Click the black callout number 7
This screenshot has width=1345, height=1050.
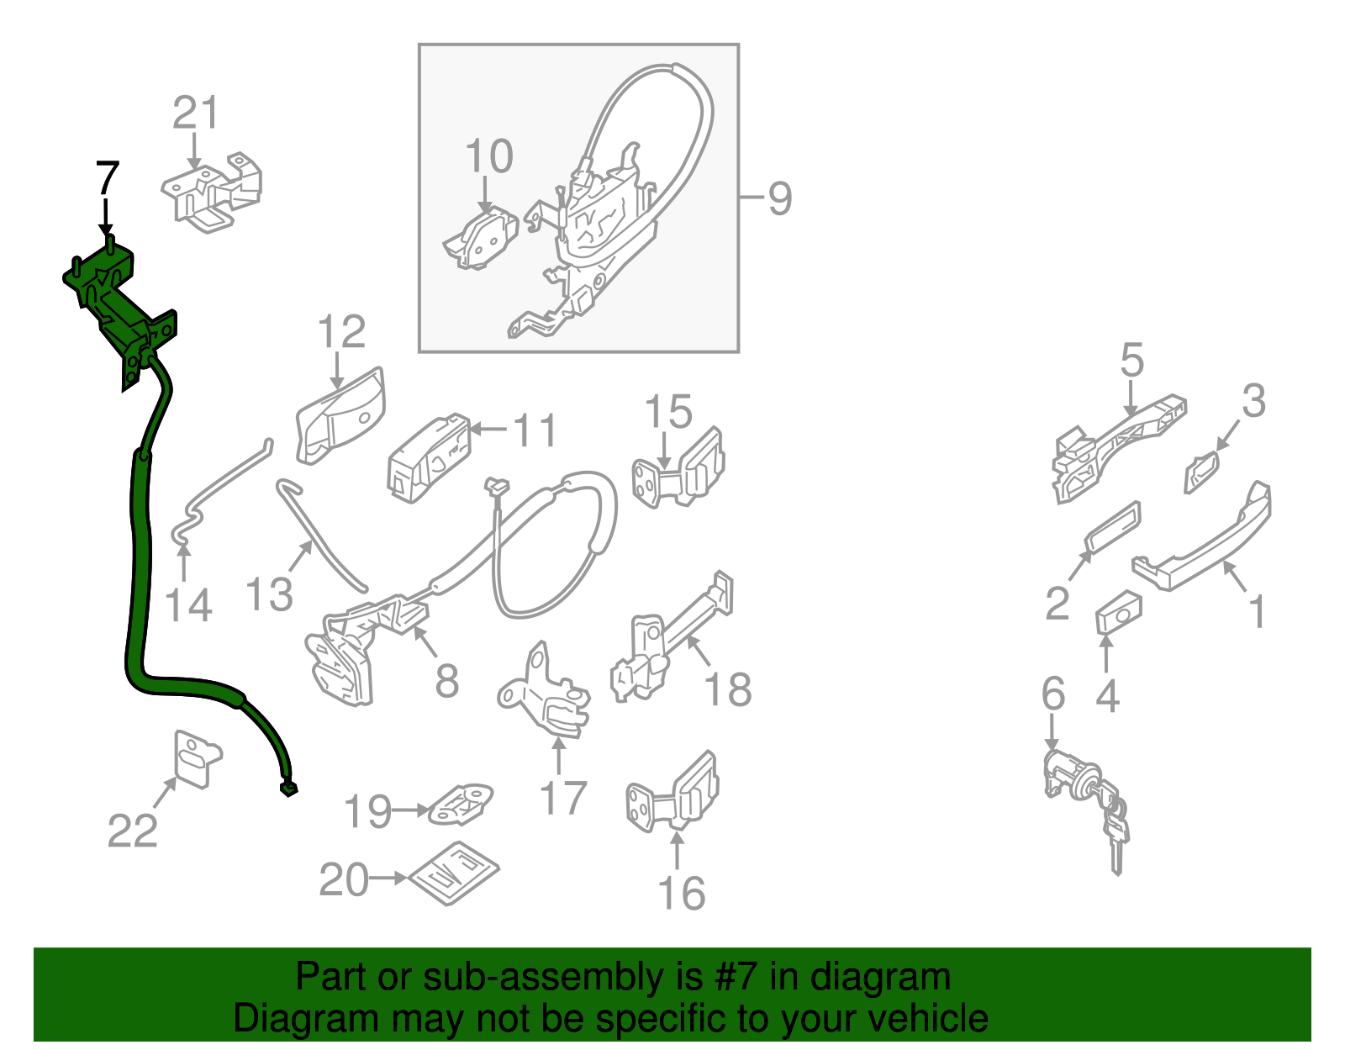point(108,178)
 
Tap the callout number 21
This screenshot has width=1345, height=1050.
point(195,113)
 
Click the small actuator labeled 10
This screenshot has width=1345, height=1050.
point(481,240)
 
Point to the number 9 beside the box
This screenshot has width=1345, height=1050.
point(779,198)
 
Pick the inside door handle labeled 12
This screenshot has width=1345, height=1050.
point(341,415)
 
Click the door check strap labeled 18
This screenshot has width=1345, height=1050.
point(672,642)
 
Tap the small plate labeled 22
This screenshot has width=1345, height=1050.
point(197,758)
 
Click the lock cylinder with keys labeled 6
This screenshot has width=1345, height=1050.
point(1084,790)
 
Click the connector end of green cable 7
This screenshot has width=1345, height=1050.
point(287,788)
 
